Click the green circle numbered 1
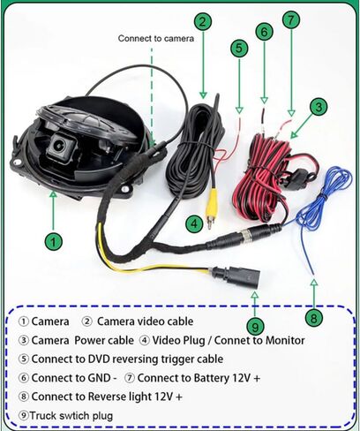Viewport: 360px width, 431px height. pyautogui.click(x=53, y=242)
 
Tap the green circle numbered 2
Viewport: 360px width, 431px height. pyautogui.click(x=203, y=21)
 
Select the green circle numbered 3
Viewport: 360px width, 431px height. pyautogui.click(x=319, y=107)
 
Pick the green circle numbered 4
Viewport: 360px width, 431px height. pyautogui.click(x=194, y=223)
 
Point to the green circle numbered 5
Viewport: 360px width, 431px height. pyautogui.click(x=239, y=49)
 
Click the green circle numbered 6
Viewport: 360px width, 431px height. pyautogui.click(x=264, y=32)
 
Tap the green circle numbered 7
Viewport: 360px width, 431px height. pyautogui.click(x=291, y=19)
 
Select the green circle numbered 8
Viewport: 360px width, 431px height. pyautogui.click(x=314, y=318)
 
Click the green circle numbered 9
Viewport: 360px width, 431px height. pyautogui.click(x=255, y=326)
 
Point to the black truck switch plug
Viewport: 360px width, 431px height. pyautogui.click(x=236, y=276)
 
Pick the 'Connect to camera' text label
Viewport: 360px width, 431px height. pyautogui.click(x=156, y=38)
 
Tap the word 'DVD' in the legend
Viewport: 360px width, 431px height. pyautogui.click(x=99, y=359)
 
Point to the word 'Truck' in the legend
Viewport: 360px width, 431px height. pyautogui.click(x=42, y=416)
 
